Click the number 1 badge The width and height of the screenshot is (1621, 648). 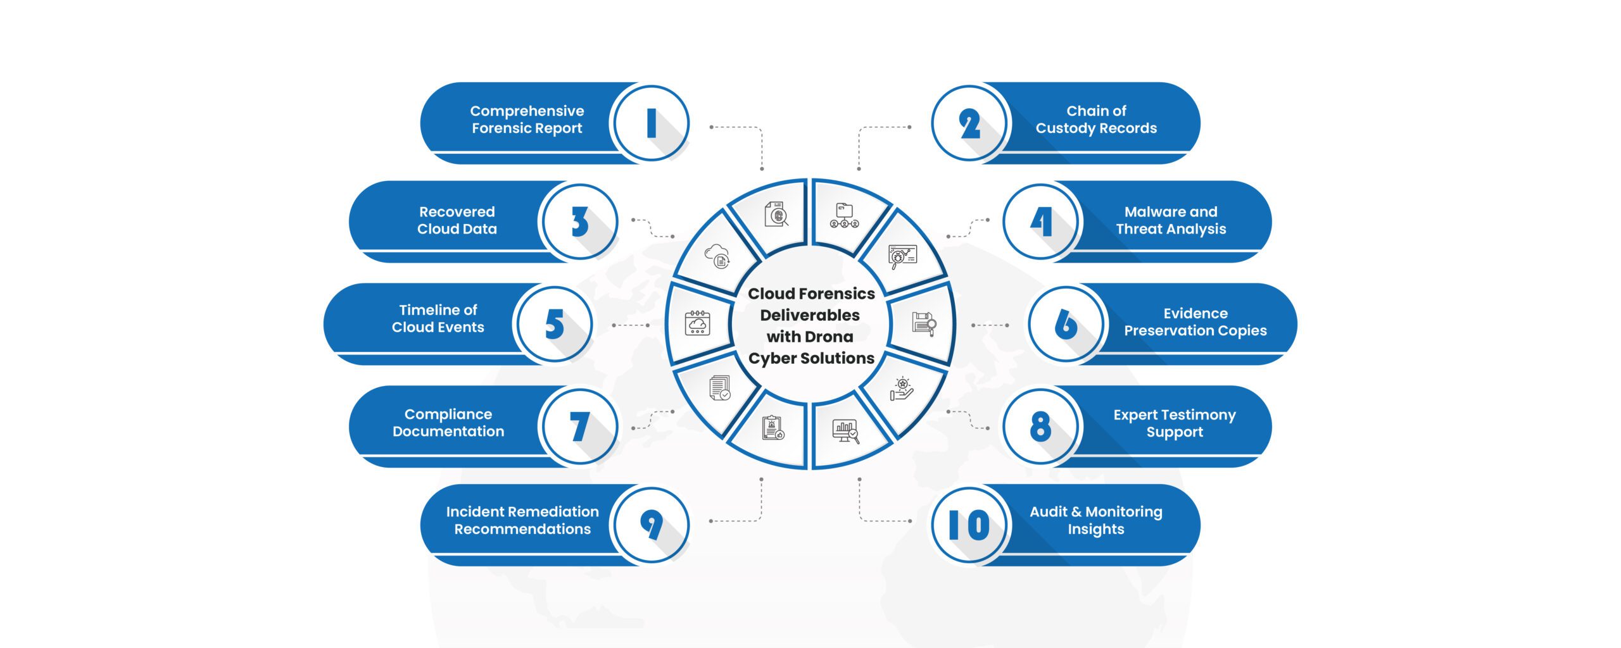pyautogui.click(x=651, y=123)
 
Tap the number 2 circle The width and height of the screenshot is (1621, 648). pyautogui.click(x=969, y=123)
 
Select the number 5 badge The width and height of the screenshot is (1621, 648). pyautogui.click(x=554, y=324)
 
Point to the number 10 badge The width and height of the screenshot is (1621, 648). pyautogui.click(x=969, y=525)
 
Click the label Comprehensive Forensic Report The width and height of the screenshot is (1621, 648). pyautogui.click(x=527, y=120)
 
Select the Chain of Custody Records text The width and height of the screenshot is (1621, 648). pyautogui.click(x=1096, y=120)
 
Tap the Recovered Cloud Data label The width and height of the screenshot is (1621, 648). pyautogui.click(x=457, y=220)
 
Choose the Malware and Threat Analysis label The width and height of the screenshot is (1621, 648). pyautogui.click(x=1171, y=220)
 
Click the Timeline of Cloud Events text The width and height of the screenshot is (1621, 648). pyautogui.click(x=438, y=318)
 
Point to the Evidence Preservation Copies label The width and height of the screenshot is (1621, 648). pyautogui.click(x=1195, y=322)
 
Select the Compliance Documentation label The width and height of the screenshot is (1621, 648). pyautogui.click(x=448, y=423)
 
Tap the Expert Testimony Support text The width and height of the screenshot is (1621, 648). pyautogui.click(x=1175, y=423)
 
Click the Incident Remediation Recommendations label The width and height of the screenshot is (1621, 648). pyautogui.click(x=522, y=520)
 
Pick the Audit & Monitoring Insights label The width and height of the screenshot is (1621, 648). pyautogui.click(x=1095, y=520)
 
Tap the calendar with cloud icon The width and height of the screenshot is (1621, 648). pyautogui.click(x=697, y=323)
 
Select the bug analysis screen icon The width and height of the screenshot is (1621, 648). pyautogui.click(x=902, y=256)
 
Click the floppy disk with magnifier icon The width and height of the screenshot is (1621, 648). pyautogui.click(x=924, y=323)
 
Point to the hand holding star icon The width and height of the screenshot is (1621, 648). pyautogui.click(x=902, y=389)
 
